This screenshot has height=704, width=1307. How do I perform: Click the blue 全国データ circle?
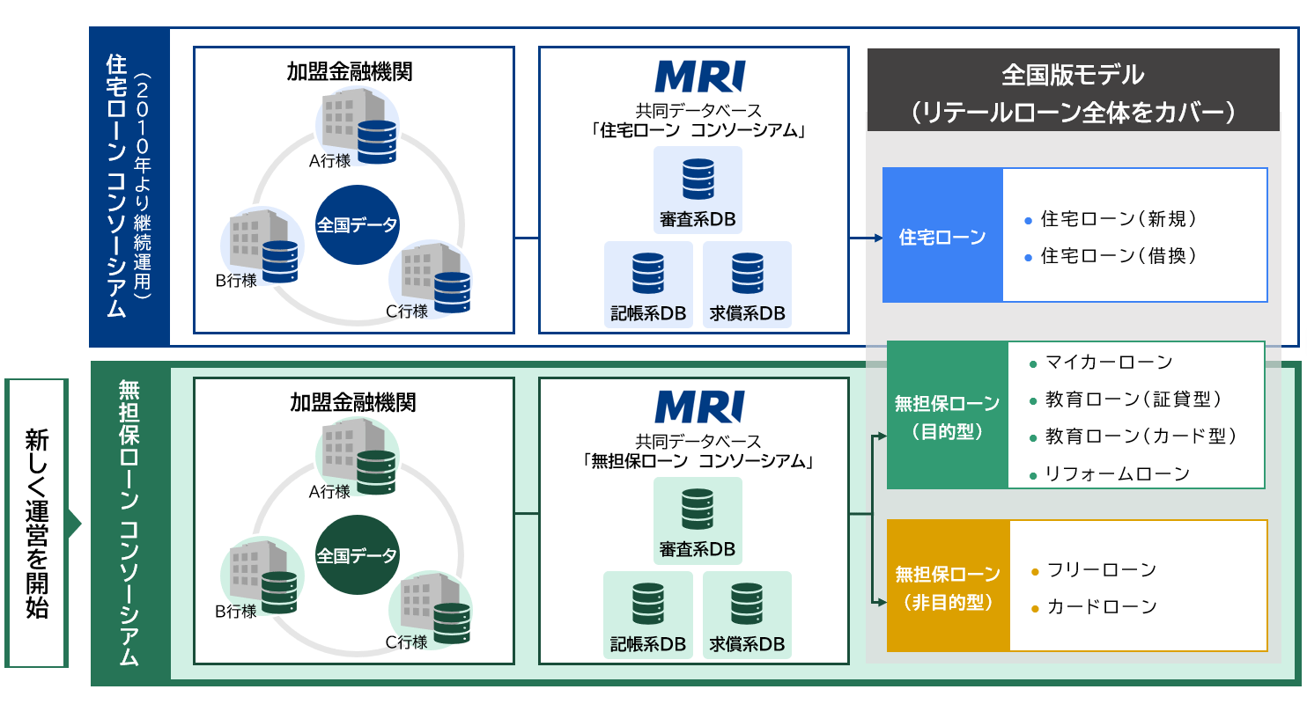coord(357,224)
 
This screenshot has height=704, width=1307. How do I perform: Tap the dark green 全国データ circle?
coord(357,555)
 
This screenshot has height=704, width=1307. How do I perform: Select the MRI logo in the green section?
coord(700,407)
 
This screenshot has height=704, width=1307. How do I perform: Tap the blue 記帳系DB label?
coord(648,314)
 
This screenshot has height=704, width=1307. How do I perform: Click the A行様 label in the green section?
coord(329,491)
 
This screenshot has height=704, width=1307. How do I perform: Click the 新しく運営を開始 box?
coord(36,523)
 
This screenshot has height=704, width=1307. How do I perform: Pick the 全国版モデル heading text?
coord(1073,74)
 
